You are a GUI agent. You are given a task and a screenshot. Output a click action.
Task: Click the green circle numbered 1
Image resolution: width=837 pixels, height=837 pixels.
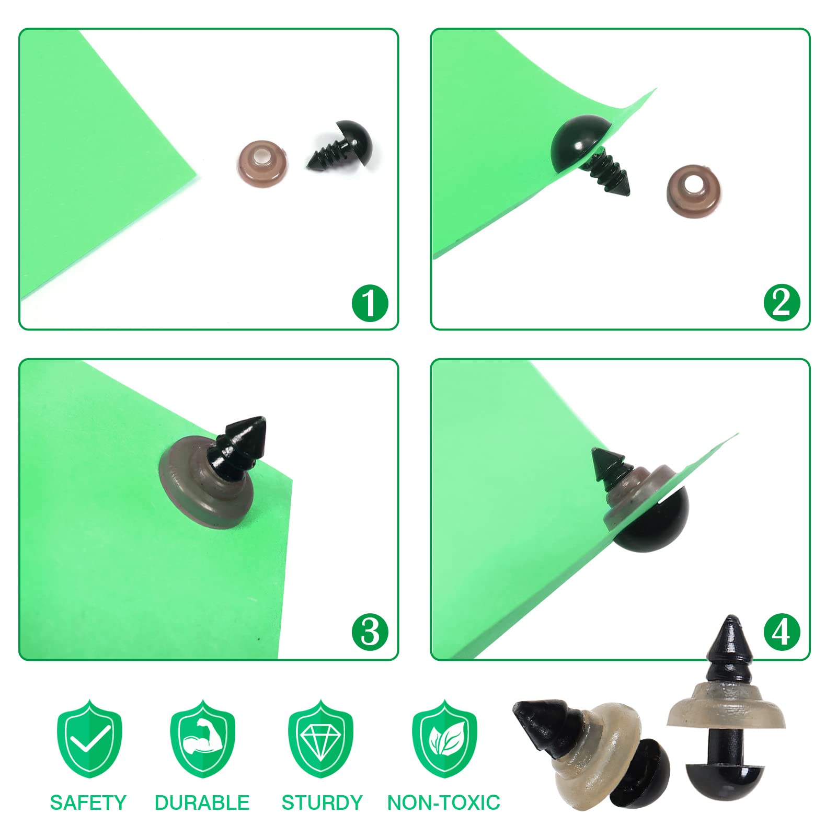(370, 303)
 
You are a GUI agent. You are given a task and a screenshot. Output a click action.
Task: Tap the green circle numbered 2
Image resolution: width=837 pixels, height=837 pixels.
(782, 303)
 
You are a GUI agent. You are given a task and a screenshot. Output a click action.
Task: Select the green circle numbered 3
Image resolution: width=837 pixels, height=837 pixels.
(370, 632)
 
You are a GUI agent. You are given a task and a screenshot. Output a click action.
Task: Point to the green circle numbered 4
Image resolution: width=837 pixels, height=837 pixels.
(782, 632)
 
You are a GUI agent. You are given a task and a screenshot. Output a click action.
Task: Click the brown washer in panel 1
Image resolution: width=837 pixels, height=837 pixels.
(261, 162)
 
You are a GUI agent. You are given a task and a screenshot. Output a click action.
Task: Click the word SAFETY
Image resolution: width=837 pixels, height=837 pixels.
(88, 802)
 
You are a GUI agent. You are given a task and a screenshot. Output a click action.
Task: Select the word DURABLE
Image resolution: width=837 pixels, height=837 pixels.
(202, 802)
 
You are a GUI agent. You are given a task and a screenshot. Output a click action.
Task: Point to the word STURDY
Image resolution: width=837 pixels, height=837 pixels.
(322, 802)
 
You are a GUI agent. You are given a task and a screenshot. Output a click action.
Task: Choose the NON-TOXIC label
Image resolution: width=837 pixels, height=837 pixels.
(444, 802)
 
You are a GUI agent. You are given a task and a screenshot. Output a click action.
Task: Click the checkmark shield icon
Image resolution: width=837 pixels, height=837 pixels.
(89, 738)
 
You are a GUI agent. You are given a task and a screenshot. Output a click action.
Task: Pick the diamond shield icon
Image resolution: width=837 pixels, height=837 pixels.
(321, 738)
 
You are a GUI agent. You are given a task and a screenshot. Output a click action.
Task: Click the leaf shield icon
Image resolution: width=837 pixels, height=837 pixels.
(445, 738)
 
